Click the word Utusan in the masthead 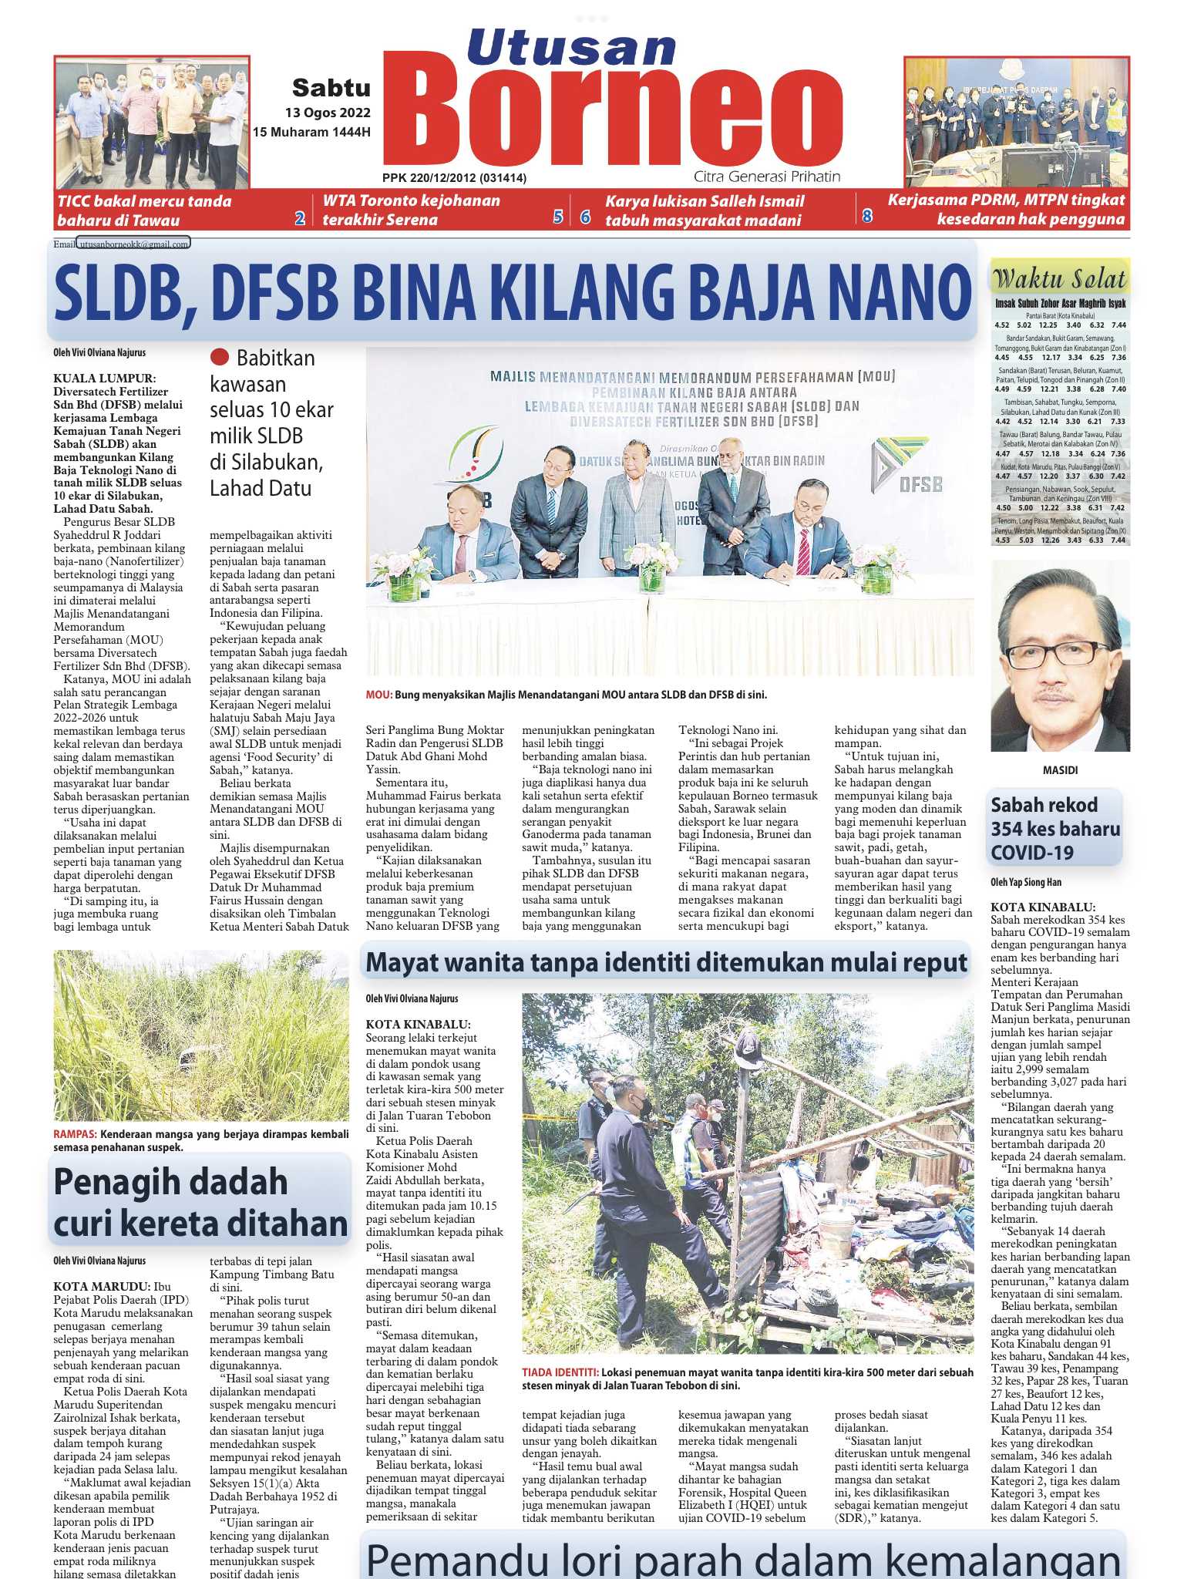571,47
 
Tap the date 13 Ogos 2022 328,113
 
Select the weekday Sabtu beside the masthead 331,88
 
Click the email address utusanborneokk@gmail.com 133,244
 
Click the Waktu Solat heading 1060,278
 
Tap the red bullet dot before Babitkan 220,357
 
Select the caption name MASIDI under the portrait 1060,770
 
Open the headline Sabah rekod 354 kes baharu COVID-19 1054,829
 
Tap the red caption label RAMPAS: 75,1134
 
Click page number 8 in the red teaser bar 867,217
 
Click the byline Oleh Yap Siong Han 1025,883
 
